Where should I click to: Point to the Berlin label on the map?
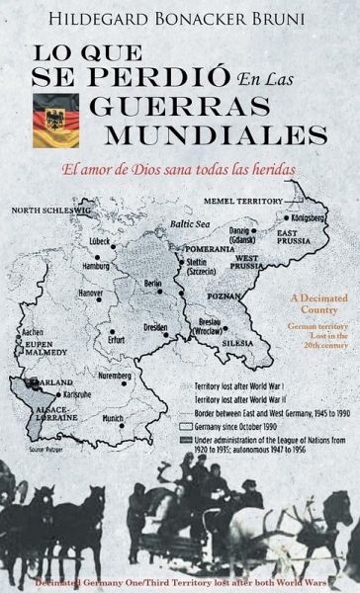tap(153, 284)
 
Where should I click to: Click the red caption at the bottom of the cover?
tap(180, 581)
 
